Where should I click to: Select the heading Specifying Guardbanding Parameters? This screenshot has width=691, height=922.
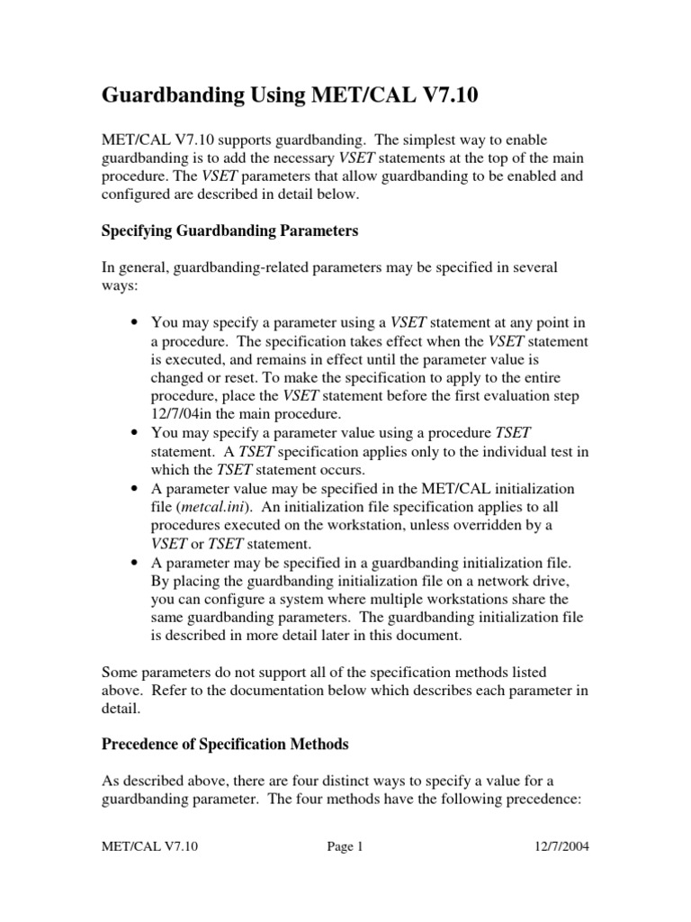pos(229,231)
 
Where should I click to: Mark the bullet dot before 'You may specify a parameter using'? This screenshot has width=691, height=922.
pos(134,323)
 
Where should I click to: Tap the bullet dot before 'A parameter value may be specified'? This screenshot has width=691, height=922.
pos(134,488)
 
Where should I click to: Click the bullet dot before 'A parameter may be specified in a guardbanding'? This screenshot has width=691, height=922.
pos(134,562)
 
